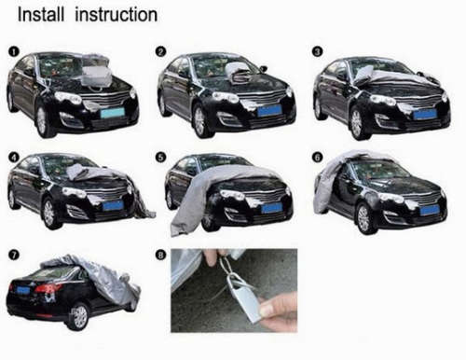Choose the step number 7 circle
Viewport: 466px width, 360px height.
pyautogui.click(x=12, y=253)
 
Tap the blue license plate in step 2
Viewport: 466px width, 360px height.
pyautogui.click(x=268, y=111)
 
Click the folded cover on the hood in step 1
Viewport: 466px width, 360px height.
pyautogui.click(x=96, y=69)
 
